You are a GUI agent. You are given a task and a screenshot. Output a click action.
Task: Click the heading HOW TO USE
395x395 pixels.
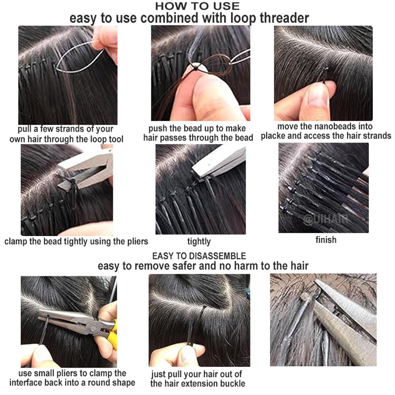(197, 6)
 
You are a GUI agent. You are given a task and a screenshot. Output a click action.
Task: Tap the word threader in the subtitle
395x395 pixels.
(284, 18)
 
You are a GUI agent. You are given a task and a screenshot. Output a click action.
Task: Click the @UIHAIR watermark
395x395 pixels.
(327, 219)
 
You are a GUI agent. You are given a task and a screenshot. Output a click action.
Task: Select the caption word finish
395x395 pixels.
(326, 240)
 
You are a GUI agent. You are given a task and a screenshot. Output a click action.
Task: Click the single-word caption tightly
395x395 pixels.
(199, 241)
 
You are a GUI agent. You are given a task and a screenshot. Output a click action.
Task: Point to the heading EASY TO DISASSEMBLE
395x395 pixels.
(199, 256)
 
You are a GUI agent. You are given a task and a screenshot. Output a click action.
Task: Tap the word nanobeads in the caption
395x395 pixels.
(330, 126)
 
